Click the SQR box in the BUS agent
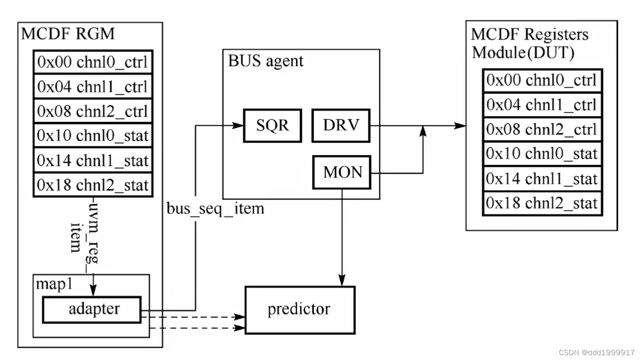coord(272,125)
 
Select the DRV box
coord(341,125)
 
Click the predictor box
coord(299,309)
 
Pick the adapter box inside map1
coord(92,309)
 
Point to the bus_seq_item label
coord(215,208)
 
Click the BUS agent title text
coord(265,61)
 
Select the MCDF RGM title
coord(68,34)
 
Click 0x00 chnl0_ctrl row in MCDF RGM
coord(92,62)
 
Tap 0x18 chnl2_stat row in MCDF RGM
coord(92,185)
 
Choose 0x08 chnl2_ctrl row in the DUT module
coord(542,129)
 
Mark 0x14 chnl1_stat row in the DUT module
coord(542,178)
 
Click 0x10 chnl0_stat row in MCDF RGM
coord(92,136)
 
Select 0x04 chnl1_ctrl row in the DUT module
coord(542,104)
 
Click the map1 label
coord(53,284)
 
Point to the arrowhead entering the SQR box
coord(238,125)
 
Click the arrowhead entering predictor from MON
coord(343,281)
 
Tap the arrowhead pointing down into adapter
coord(92,291)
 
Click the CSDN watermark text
coord(597,352)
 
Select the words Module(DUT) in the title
coord(523,52)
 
